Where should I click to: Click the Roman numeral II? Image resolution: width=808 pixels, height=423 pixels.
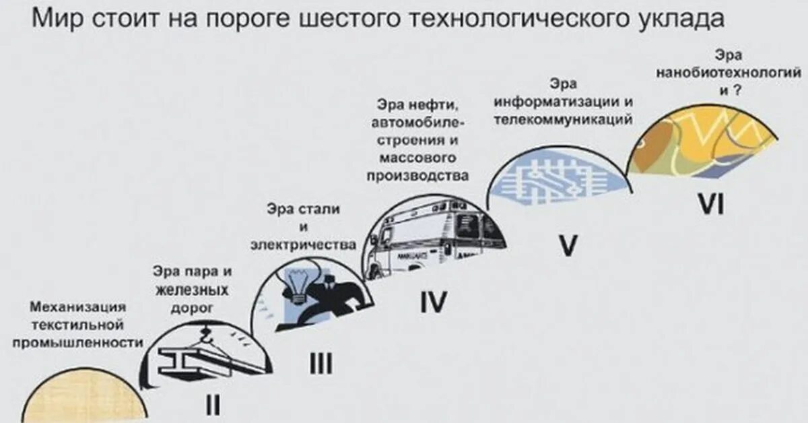[213, 405]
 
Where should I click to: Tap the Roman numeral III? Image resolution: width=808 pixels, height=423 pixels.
[321, 364]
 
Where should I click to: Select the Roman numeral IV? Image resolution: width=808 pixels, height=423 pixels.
[433, 304]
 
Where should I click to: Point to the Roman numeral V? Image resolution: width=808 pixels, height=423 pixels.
[568, 247]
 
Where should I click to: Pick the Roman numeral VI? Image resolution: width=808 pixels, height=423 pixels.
[710, 205]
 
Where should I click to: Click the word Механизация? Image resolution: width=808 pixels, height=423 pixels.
[78, 308]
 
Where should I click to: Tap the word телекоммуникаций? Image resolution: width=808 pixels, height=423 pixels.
[563, 120]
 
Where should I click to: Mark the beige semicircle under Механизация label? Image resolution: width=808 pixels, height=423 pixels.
[83, 404]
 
